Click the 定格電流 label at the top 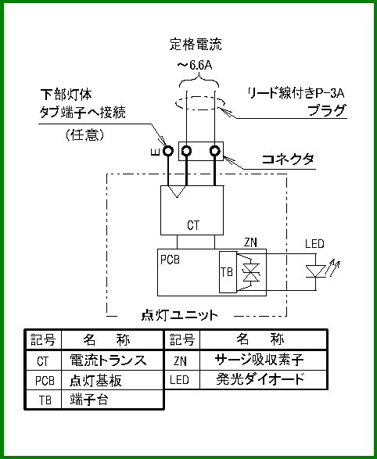(x=196, y=45)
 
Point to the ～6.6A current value (x=194, y=66)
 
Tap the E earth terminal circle (x=168, y=152)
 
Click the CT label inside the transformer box (x=193, y=225)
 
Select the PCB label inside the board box (x=170, y=260)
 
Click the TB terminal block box (x=228, y=272)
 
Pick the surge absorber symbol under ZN (x=252, y=273)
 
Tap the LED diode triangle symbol (x=315, y=271)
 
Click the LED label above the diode (x=314, y=244)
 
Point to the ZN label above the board (x=250, y=242)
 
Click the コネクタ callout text (x=287, y=160)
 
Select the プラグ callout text (x=327, y=111)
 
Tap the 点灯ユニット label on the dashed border (x=179, y=316)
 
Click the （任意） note (x=85, y=135)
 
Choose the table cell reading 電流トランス (x=108, y=360)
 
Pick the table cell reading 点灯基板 (x=95, y=380)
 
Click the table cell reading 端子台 (x=89, y=400)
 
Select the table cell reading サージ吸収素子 (x=260, y=360)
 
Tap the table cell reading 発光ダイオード (x=260, y=380)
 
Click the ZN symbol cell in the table (x=180, y=361)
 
